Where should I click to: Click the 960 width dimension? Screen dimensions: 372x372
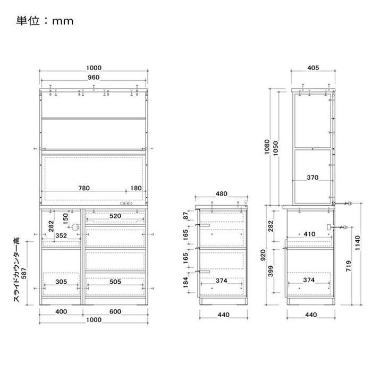[94, 78]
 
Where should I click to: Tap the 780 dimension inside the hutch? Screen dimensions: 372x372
[84, 188]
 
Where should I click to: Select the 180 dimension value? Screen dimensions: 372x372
[136, 188]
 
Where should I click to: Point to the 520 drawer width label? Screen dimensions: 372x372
[115, 216]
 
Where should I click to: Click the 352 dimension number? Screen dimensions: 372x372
[61, 235]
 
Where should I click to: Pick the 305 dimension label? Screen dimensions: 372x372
[61, 282]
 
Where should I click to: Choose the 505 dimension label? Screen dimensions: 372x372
[115, 282]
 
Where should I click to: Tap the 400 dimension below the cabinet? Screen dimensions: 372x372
[61, 311]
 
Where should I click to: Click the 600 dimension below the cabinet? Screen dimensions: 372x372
[115, 311]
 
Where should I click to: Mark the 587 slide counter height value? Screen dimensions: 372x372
[24, 273]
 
